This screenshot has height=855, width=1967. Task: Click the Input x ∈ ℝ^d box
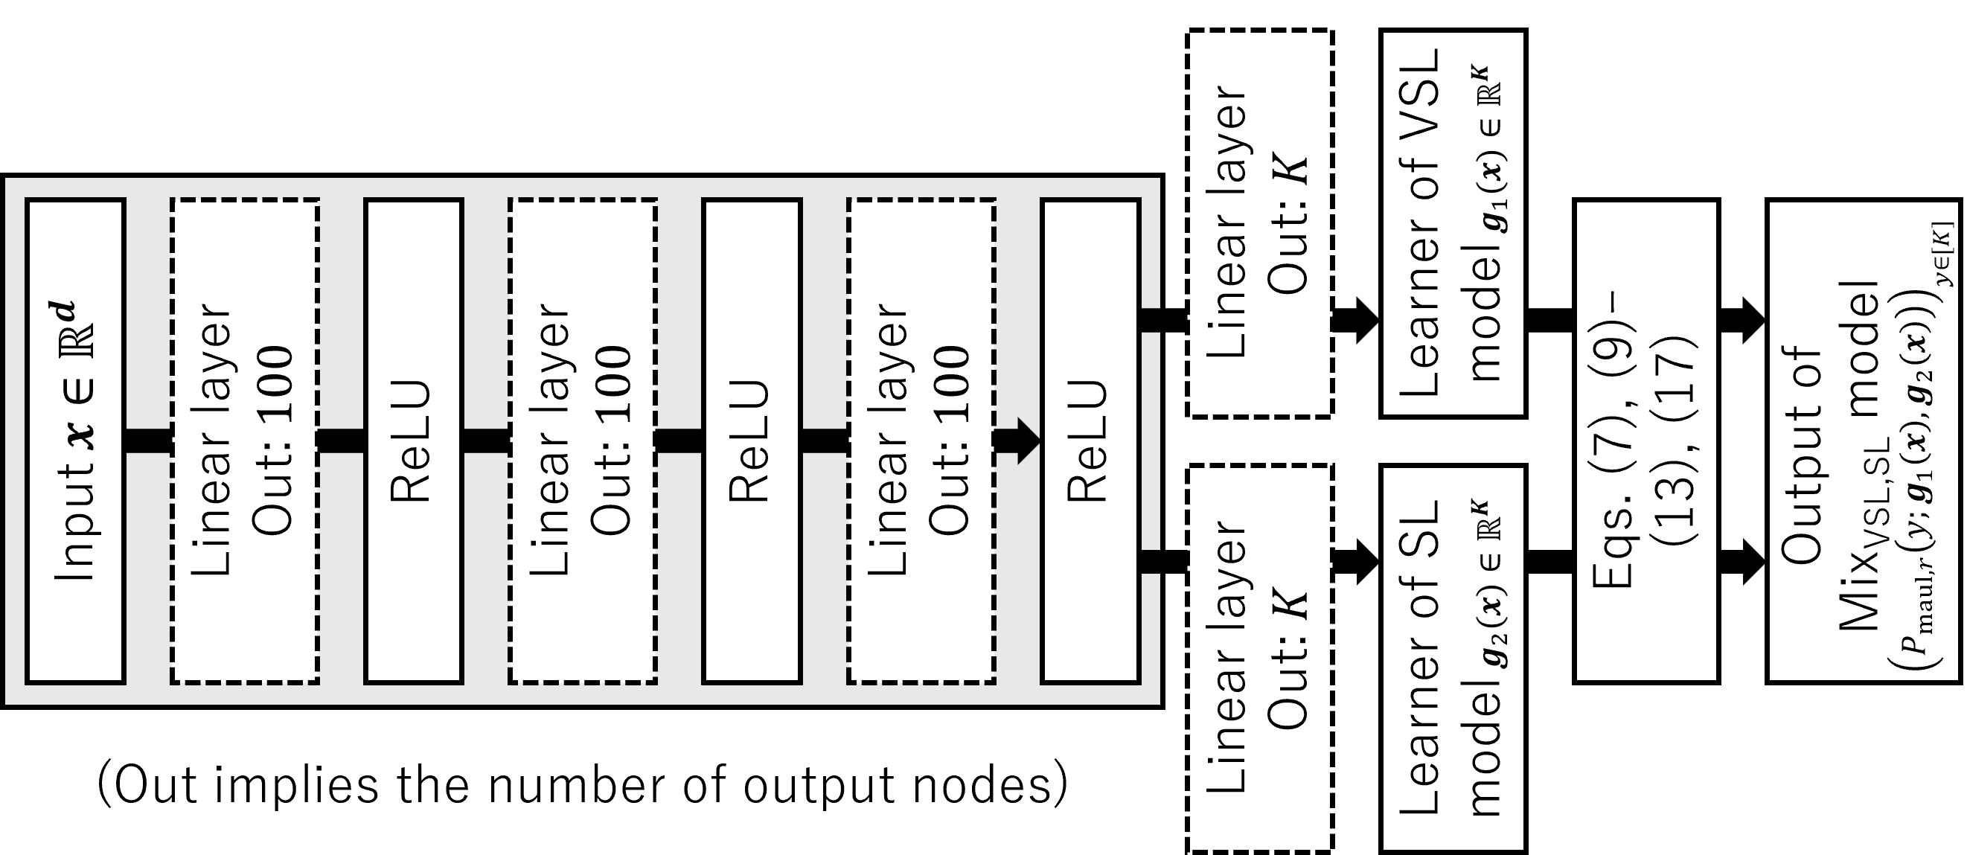click(x=76, y=441)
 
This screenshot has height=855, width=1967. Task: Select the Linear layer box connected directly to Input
click(x=244, y=441)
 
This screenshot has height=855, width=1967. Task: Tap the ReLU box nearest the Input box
click(x=414, y=441)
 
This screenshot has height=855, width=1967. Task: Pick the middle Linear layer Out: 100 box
click(x=583, y=441)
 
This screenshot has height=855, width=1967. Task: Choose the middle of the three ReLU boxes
click(x=752, y=441)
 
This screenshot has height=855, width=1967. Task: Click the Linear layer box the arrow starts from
click(x=921, y=441)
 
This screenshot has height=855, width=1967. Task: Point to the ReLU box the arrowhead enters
click(x=1090, y=441)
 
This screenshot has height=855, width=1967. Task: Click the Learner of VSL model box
click(x=1452, y=224)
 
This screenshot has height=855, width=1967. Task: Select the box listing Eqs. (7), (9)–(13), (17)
click(x=1646, y=441)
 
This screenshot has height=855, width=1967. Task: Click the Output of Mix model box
click(x=1863, y=441)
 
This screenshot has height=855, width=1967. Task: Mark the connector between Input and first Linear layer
click(x=147, y=441)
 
